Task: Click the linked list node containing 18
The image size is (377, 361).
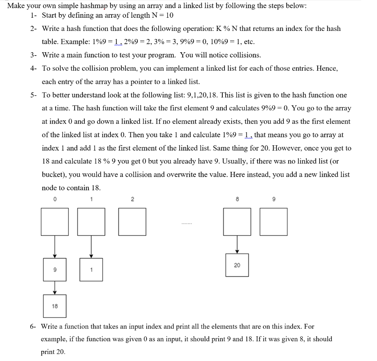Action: tap(54, 306)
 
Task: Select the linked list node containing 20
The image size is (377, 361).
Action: tap(237, 265)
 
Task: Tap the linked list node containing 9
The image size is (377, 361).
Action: tap(54, 270)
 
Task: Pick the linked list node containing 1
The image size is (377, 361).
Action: tap(91, 270)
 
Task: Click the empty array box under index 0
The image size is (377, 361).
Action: tap(54, 222)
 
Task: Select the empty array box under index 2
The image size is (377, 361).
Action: tap(132, 222)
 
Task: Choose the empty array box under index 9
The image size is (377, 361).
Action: tap(273, 222)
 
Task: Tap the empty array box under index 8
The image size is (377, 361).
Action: tap(237, 222)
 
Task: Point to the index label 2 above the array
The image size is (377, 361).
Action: tap(132, 199)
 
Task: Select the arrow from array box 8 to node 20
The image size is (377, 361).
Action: tap(237, 244)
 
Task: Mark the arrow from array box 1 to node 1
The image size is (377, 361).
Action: tap(91, 247)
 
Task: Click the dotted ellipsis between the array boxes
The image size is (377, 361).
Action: tap(187, 224)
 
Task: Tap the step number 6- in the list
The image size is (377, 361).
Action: tap(33, 326)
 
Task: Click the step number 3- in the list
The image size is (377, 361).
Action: tap(34, 55)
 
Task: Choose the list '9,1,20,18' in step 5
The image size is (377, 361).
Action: tap(202, 95)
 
